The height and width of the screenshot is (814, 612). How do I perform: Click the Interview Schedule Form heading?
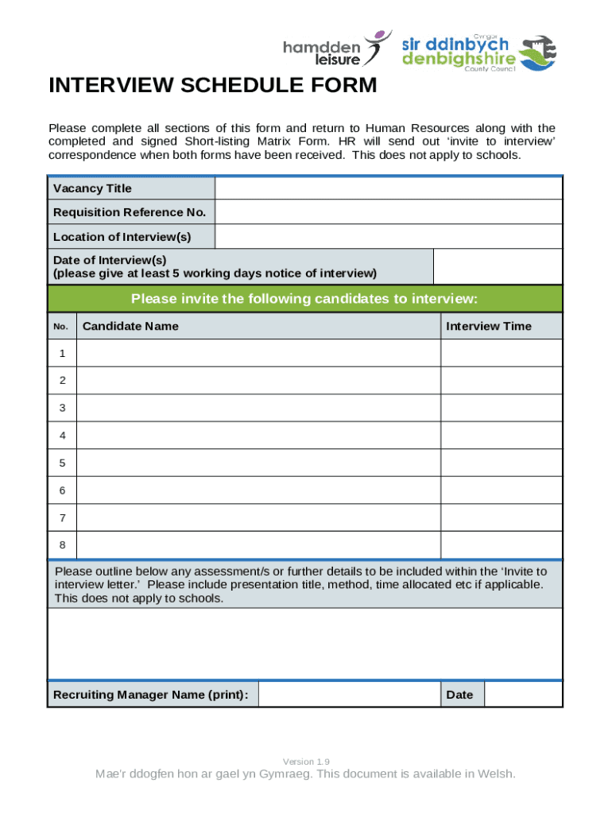point(213,85)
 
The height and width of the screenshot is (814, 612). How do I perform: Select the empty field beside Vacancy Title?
point(388,188)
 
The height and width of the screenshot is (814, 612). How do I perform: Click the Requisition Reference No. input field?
point(388,212)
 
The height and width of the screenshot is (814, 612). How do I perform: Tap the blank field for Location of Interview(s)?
point(388,237)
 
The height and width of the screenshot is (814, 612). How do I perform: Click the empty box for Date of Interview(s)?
point(498,266)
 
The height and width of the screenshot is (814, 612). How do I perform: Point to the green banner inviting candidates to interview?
point(304,299)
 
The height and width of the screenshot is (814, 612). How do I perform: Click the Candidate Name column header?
point(131,326)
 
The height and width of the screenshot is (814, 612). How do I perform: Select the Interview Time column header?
point(489,326)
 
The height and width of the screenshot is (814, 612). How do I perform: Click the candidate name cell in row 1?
point(258,353)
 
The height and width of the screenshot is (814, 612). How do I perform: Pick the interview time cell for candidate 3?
point(501,408)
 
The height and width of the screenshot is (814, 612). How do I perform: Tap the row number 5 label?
point(62,463)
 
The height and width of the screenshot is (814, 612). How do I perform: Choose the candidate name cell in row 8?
point(258,545)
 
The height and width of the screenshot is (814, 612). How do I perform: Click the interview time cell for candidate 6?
point(501,490)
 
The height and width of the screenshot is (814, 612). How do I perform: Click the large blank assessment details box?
point(304,644)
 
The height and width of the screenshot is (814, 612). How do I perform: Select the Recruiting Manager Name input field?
point(350,695)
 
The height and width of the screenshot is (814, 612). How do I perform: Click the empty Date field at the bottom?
point(522,695)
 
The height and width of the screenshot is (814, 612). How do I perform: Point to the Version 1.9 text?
point(306,761)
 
